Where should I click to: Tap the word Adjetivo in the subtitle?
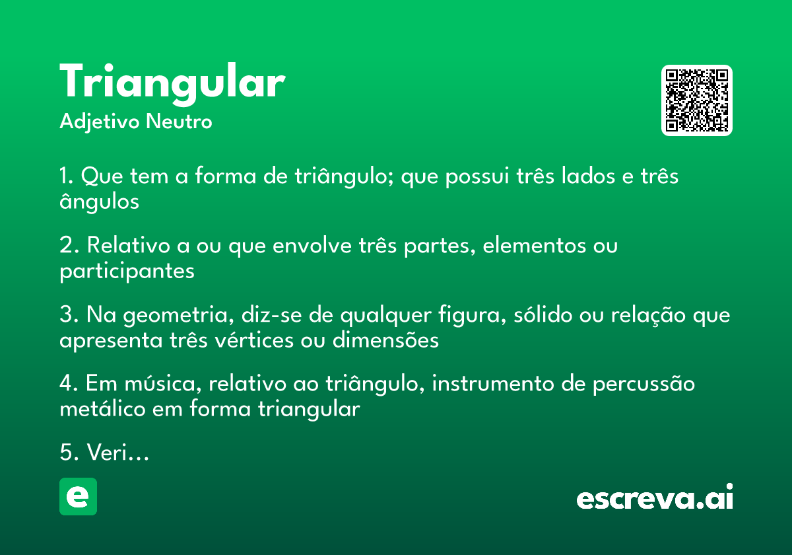pos(100,122)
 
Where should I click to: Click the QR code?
pos(697,100)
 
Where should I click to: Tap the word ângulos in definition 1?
pos(99,201)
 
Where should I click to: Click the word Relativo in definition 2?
pos(125,246)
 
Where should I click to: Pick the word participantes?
pos(127,270)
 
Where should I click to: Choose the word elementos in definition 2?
pos(533,246)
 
